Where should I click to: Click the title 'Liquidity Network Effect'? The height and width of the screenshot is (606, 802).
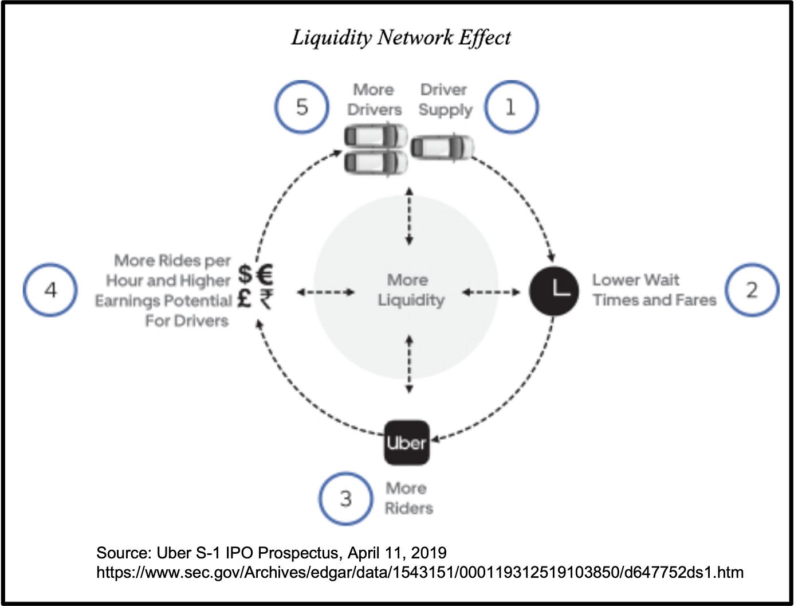(400, 38)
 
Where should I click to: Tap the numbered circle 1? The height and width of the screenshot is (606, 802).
(511, 107)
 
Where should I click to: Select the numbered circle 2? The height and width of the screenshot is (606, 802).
(752, 290)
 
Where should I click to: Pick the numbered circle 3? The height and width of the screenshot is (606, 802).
(345, 498)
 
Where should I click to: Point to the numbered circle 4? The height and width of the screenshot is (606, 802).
(50, 290)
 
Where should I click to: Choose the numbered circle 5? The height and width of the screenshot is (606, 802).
(302, 107)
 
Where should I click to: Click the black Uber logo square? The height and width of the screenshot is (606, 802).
(406, 443)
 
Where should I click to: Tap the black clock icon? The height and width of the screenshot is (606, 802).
(553, 291)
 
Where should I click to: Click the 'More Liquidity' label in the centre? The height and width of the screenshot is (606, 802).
(410, 290)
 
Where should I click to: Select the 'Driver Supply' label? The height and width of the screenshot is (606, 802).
(445, 100)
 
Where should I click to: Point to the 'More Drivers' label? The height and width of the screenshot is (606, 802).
(374, 100)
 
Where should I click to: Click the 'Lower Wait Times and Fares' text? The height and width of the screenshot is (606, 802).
(654, 290)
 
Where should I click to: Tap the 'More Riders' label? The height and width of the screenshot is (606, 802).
(408, 498)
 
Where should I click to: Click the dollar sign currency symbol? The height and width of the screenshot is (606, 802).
(245, 274)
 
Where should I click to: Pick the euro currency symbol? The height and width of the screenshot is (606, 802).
(265, 274)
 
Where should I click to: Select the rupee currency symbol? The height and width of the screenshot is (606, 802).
(266, 299)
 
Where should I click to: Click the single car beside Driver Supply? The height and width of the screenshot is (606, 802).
(442, 147)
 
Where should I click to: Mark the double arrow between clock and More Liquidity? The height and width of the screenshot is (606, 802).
(491, 292)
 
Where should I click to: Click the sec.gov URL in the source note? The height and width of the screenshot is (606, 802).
(419, 572)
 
